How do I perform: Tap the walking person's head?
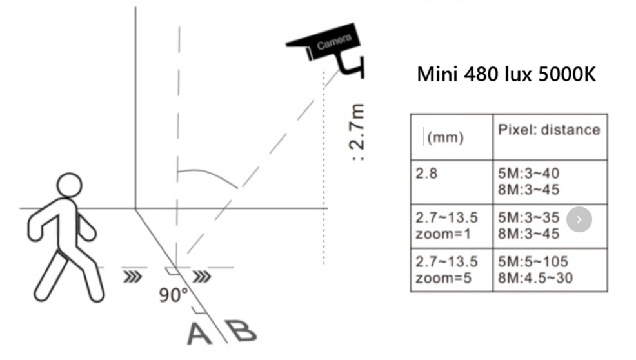click(70, 185)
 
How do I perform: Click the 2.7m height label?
click(357, 132)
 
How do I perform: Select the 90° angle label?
click(174, 295)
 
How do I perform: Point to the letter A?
click(199, 334)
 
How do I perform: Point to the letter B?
click(242, 331)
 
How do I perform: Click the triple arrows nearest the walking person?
click(133, 277)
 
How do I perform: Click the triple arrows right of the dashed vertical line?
click(202, 277)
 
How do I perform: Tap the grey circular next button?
click(579, 219)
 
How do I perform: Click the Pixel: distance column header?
click(549, 130)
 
